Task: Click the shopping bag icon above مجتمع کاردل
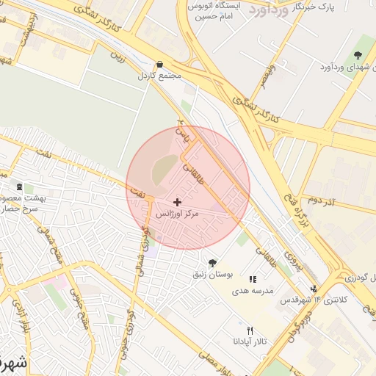tap(160, 64)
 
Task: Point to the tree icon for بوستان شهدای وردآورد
tap(358, 56)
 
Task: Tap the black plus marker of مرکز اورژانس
tap(177, 201)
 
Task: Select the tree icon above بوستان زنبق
tap(212, 263)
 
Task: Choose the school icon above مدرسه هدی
tap(253, 279)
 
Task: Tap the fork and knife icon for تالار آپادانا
tap(250, 330)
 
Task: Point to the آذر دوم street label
tap(322, 200)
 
